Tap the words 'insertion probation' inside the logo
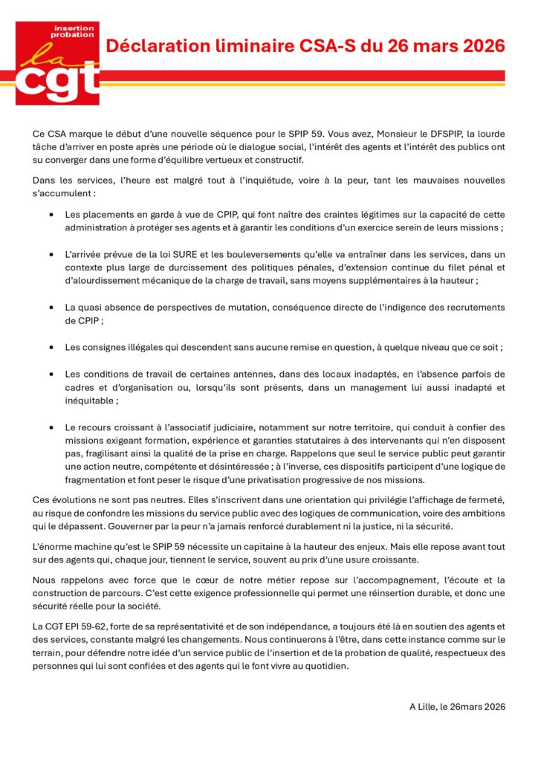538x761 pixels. (74, 32)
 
